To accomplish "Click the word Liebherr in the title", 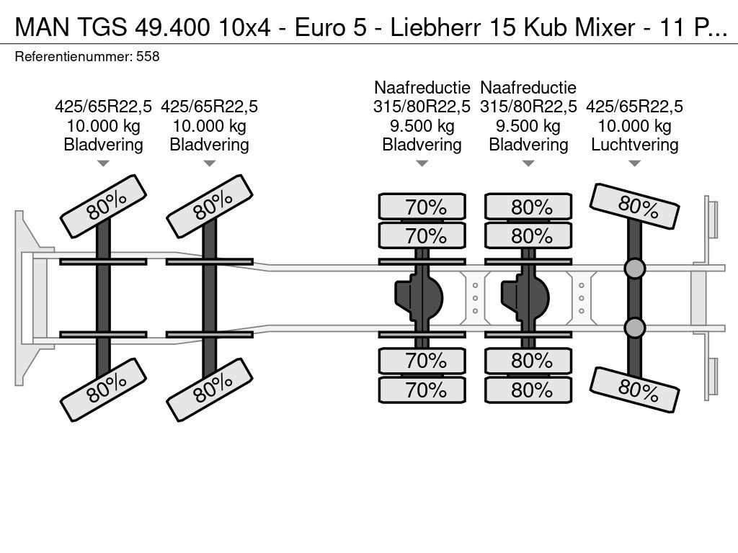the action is pyautogui.click(x=435, y=27).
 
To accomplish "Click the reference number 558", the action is pyautogui.click(x=148, y=56).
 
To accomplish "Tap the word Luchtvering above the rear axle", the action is pyautogui.click(x=634, y=144).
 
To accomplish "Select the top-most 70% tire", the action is pyautogui.click(x=422, y=207).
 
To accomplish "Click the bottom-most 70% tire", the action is pyautogui.click(x=422, y=390).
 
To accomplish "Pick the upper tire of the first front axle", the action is pyautogui.click(x=104, y=206).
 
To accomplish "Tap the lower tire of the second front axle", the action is pyautogui.click(x=210, y=390).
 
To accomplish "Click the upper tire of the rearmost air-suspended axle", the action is pyautogui.click(x=634, y=206).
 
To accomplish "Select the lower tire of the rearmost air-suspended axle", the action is pyautogui.click(x=634, y=390).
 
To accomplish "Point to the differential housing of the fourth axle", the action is pyautogui.click(x=525, y=298).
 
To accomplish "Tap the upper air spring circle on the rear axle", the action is pyautogui.click(x=634, y=269).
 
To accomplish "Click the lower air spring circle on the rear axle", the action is pyautogui.click(x=634, y=328).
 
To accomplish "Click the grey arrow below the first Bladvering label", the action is pyautogui.click(x=104, y=163).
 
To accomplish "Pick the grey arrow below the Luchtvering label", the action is pyautogui.click(x=634, y=163).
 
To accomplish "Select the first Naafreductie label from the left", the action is pyautogui.click(x=422, y=87).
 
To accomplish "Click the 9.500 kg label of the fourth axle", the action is pyautogui.click(x=528, y=125).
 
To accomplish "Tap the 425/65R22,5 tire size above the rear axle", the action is pyautogui.click(x=634, y=107).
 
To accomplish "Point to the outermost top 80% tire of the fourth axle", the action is pyautogui.click(x=528, y=207).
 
